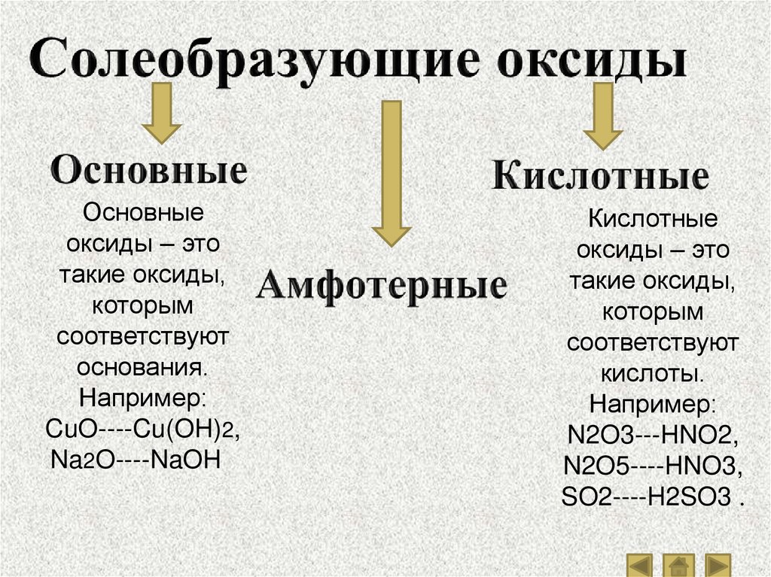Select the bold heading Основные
click(x=149, y=172)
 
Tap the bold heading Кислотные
click(x=600, y=178)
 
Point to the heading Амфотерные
click(x=382, y=286)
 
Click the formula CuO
click(x=72, y=432)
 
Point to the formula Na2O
click(x=75, y=459)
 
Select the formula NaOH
click(x=185, y=459)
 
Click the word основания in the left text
click(x=142, y=369)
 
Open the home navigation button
click(x=680, y=564)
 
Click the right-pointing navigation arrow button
click(x=718, y=564)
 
